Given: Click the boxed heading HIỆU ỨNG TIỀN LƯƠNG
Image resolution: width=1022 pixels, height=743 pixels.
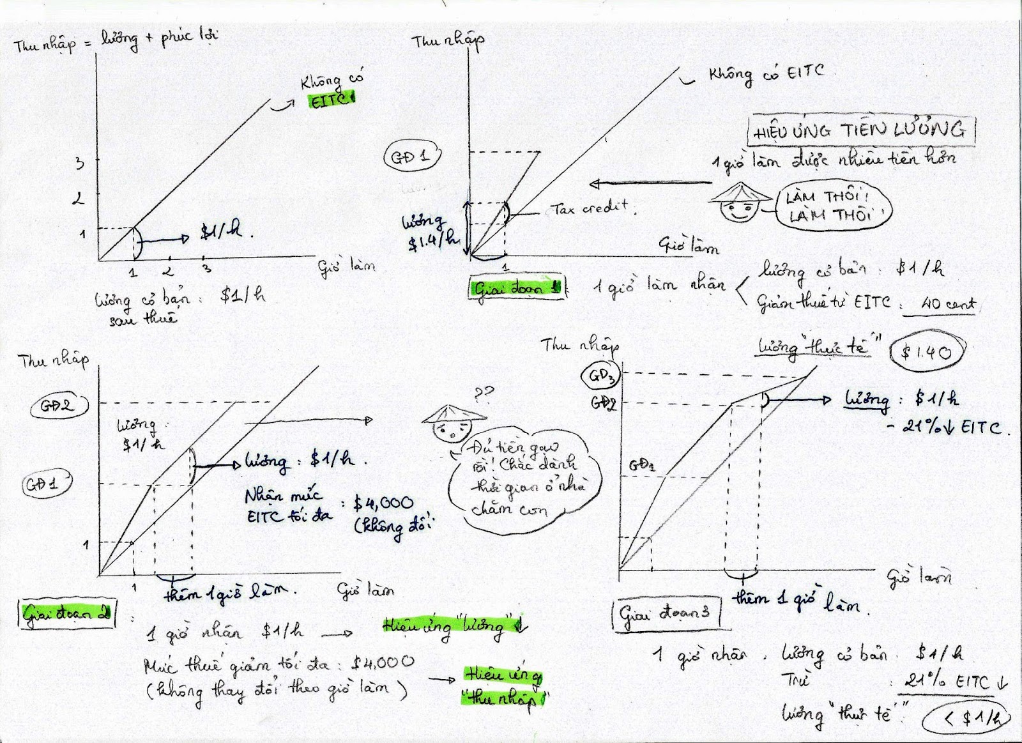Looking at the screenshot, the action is coord(861,131).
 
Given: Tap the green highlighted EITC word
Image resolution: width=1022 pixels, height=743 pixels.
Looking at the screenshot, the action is coord(330,100).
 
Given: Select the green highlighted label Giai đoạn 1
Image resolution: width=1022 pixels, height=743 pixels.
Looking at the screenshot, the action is coord(516,289).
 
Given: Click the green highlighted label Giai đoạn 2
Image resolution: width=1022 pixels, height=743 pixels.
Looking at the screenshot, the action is coord(66,615).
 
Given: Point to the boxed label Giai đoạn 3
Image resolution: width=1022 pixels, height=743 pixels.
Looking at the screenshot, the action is coord(666,613).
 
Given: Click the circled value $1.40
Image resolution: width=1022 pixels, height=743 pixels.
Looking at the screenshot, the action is coord(927,350).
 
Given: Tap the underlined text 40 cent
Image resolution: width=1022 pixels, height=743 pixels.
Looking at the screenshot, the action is coord(947,304).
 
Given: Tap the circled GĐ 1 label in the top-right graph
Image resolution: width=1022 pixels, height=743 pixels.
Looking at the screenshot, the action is coord(412,157).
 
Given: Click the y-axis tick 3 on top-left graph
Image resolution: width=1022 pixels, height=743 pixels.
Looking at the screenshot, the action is coord(80,163).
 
